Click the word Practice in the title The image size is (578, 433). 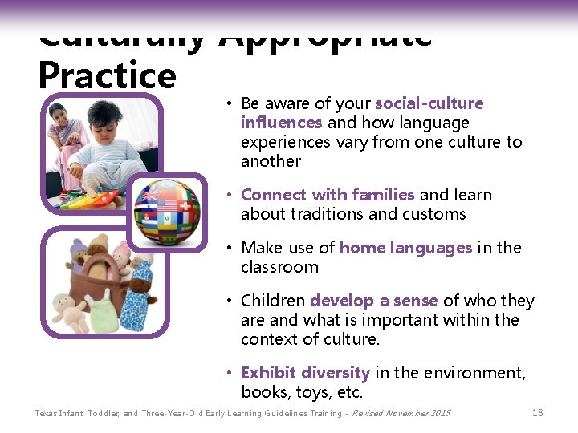click(x=107, y=75)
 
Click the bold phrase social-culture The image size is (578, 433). click(x=429, y=103)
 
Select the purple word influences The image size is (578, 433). click(x=281, y=123)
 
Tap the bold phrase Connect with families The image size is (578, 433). click(x=328, y=195)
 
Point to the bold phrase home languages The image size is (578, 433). click(x=405, y=248)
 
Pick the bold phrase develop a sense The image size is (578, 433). click(x=373, y=301)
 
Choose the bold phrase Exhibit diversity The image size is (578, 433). click(x=305, y=373)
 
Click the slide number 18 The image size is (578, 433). click(x=538, y=413)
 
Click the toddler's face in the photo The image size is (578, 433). click(x=104, y=120)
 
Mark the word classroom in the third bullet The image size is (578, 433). click(x=279, y=267)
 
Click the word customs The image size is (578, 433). click(x=438, y=214)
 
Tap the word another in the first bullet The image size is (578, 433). click(x=271, y=161)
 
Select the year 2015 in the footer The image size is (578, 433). click(x=440, y=414)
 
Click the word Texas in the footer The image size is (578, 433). click(x=47, y=414)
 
